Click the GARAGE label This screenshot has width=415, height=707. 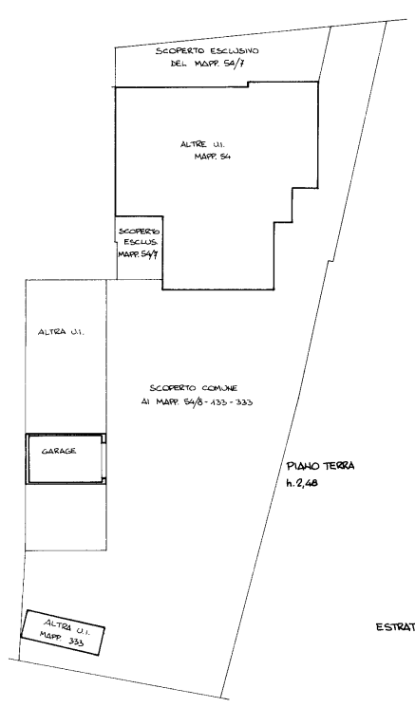click(59, 451)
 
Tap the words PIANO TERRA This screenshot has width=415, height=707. click(320, 466)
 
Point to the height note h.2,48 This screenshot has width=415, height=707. click(302, 483)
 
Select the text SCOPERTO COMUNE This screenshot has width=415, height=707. click(194, 388)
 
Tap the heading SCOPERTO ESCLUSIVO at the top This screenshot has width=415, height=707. click(207, 51)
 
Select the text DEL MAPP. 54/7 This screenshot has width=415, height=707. click(208, 64)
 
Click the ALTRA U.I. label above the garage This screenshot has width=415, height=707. click(62, 332)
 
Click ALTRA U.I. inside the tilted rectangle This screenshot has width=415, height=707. click(66, 627)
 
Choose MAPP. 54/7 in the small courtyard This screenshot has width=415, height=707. click(138, 254)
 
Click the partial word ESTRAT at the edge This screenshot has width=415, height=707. click(396, 627)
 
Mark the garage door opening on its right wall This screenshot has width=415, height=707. click(104, 459)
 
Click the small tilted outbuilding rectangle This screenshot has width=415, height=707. click(63, 633)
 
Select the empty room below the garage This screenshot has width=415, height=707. click(66, 517)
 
